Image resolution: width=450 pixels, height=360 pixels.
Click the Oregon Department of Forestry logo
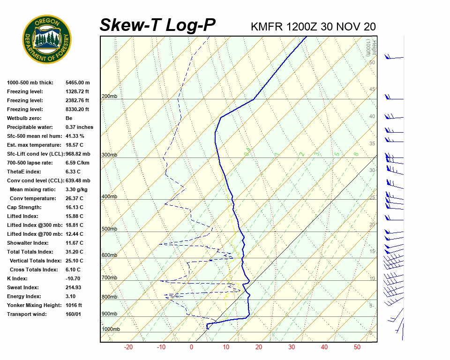point(46,39)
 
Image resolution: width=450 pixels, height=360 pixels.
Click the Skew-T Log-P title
point(157,25)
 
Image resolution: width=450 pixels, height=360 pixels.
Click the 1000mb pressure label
point(111,330)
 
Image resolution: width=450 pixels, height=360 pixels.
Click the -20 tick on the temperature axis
point(128,347)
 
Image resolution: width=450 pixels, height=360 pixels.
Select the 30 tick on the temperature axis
point(292,347)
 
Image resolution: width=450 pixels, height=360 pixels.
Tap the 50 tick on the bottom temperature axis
point(357,347)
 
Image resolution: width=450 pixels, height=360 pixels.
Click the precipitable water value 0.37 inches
point(79,127)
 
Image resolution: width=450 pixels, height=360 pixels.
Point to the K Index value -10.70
point(73,278)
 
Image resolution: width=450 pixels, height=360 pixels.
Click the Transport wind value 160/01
point(74,314)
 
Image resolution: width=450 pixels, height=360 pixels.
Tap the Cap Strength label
point(24,207)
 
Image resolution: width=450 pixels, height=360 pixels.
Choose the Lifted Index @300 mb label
point(34,225)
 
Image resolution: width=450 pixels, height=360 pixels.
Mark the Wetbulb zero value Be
point(69,118)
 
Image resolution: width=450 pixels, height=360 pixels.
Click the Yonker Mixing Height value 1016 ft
point(74,305)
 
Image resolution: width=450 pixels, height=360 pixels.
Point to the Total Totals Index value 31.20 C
point(75,252)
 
